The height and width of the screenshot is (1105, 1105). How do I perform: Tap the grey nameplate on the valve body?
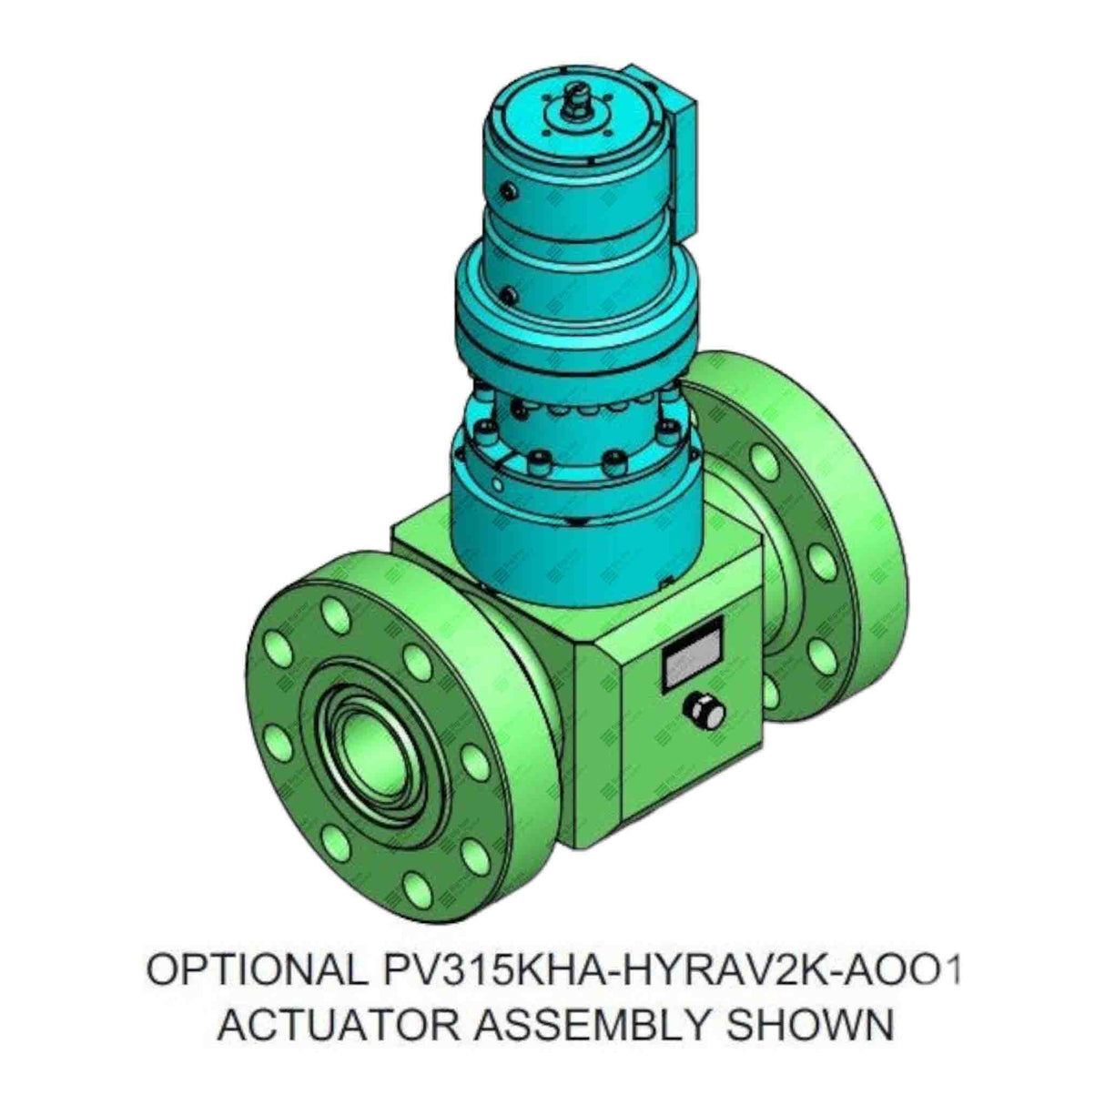pyautogui.click(x=692, y=654)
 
